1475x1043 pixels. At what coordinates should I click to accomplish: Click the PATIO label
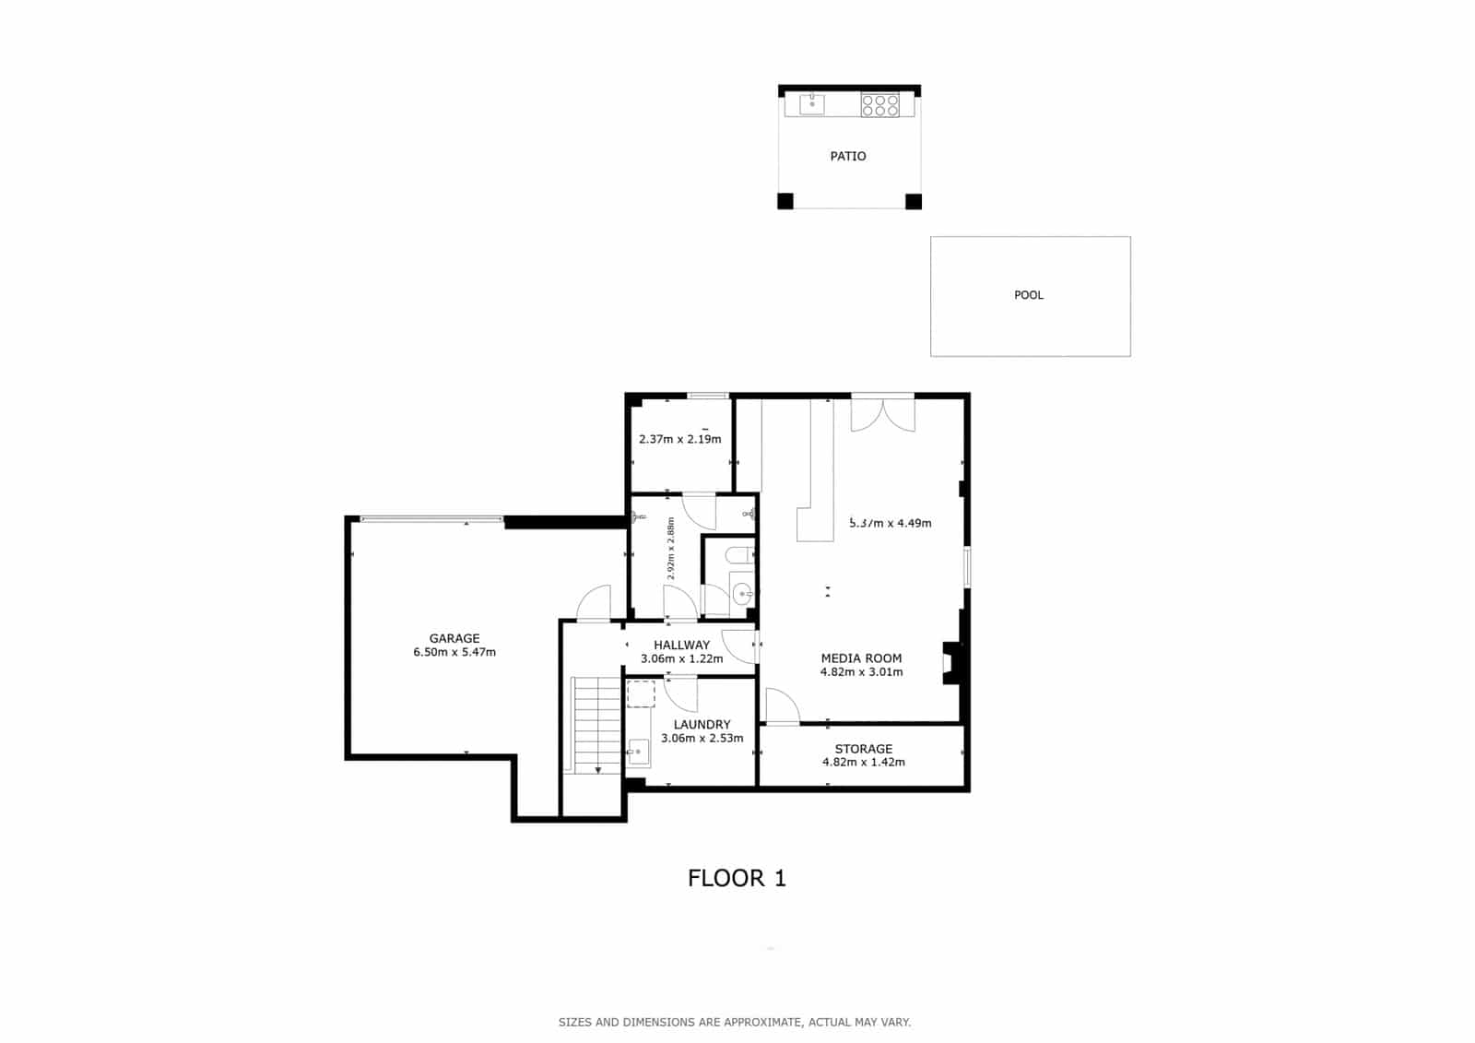(x=847, y=157)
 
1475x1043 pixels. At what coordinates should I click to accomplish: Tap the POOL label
(x=1029, y=295)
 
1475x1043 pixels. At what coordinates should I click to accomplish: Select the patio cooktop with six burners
(x=879, y=105)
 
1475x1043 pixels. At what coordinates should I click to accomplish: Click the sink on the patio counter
(x=812, y=104)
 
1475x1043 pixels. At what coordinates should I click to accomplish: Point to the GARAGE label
(x=454, y=638)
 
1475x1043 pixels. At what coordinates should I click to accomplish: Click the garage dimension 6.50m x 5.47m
(x=454, y=653)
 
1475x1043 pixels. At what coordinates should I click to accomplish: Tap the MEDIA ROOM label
(x=861, y=658)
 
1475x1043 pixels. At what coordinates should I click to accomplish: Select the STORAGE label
(x=863, y=749)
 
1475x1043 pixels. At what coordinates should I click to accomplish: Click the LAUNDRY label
(x=702, y=725)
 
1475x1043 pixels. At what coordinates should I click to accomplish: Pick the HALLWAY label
(x=681, y=645)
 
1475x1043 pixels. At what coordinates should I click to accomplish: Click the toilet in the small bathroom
(x=739, y=554)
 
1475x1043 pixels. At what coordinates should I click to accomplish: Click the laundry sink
(x=638, y=752)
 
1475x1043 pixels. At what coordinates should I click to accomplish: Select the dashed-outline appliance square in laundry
(x=641, y=693)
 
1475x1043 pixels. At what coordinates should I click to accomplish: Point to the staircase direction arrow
(x=598, y=769)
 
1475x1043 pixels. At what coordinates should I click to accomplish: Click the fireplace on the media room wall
(x=951, y=662)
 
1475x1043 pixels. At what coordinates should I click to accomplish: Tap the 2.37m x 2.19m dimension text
(x=679, y=439)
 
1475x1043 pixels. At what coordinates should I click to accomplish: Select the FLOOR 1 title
(x=737, y=878)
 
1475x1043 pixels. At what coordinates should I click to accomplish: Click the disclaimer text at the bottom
(x=734, y=1022)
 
